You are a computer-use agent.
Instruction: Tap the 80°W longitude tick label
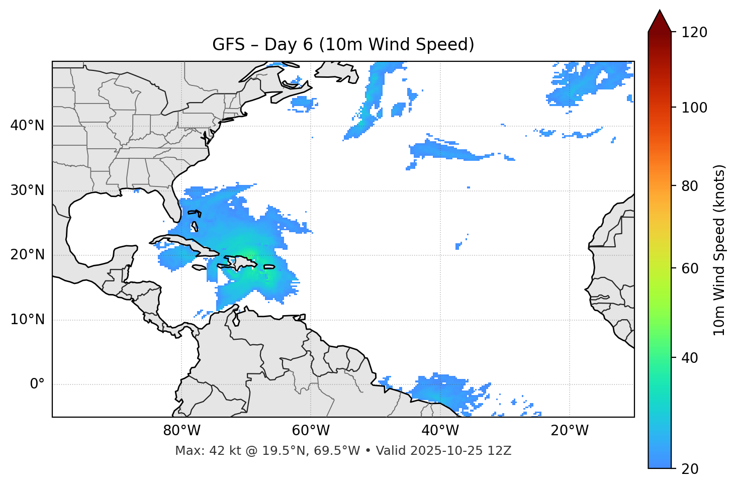pyautogui.click(x=181, y=431)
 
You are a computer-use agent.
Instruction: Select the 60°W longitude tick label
pyautogui.click(x=311, y=431)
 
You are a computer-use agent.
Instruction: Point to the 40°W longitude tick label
pyautogui.click(x=440, y=431)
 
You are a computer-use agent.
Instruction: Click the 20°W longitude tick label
pyautogui.click(x=570, y=431)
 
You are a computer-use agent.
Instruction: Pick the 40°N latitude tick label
pyautogui.click(x=27, y=126)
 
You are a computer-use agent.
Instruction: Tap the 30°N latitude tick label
pyautogui.click(x=27, y=190)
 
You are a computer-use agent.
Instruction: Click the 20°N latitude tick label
pyautogui.click(x=27, y=255)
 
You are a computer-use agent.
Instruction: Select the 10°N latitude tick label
pyautogui.click(x=27, y=320)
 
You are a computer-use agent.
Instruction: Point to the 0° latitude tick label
pyautogui.click(x=37, y=384)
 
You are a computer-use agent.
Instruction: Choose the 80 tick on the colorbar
pyautogui.click(x=692, y=186)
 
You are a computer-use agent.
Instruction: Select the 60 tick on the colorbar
pyautogui.click(x=692, y=268)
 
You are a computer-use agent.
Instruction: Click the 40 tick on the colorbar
pyautogui.click(x=692, y=358)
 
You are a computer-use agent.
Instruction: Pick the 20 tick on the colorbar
pyautogui.click(x=692, y=469)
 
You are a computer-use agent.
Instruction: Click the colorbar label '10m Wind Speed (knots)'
pyautogui.click(x=719, y=250)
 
